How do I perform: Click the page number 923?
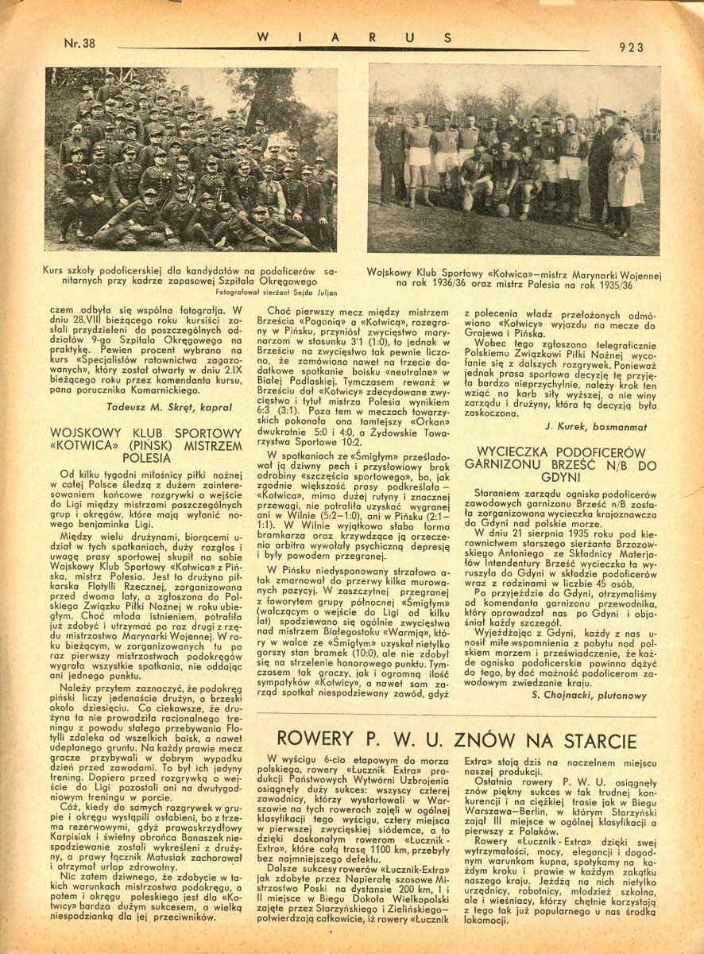[630, 46]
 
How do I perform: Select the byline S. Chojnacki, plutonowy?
[587, 696]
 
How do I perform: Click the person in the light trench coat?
[625, 176]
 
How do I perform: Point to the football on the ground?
[502, 211]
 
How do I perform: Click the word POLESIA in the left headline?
[146, 458]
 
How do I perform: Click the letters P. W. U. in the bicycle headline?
[417, 742]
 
